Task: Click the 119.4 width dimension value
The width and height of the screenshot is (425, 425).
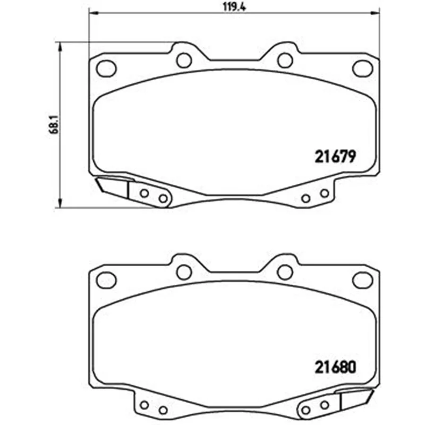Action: [x=234, y=6]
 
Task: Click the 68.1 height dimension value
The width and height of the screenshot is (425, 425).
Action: [x=54, y=124]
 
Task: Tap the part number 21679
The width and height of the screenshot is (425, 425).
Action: [x=335, y=156]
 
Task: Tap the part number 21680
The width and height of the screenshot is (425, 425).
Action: [x=335, y=367]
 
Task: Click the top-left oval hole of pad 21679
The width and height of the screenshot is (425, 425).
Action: [x=106, y=69]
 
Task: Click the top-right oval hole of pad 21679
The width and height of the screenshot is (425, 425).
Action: [x=363, y=69]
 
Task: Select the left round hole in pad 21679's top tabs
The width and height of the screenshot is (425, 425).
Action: [x=184, y=60]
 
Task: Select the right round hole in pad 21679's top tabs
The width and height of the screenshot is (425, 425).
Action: [x=285, y=60]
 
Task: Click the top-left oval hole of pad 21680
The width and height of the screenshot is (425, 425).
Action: [x=106, y=280]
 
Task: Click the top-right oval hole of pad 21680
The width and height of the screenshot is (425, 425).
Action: [x=363, y=280]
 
